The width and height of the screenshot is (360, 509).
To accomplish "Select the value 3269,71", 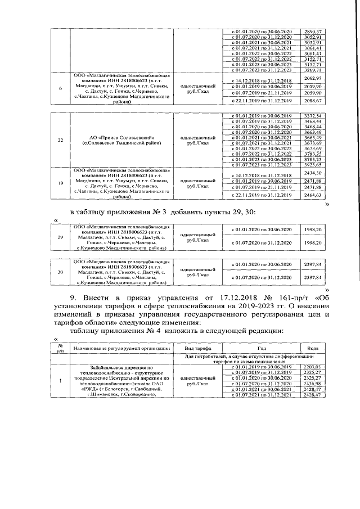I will click(x=312, y=70).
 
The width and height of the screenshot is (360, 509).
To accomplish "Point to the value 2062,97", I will click(x=312, y=77).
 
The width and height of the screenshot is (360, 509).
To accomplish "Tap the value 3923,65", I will click(x=312, y=165).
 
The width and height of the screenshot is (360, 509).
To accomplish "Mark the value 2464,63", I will click(x=312, y=195).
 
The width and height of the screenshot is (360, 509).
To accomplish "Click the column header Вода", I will click(x=312, y=349).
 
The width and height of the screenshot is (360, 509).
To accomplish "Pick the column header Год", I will click(x=261, y=349).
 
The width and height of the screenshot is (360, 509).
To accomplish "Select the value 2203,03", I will click(x=312, y=367).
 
